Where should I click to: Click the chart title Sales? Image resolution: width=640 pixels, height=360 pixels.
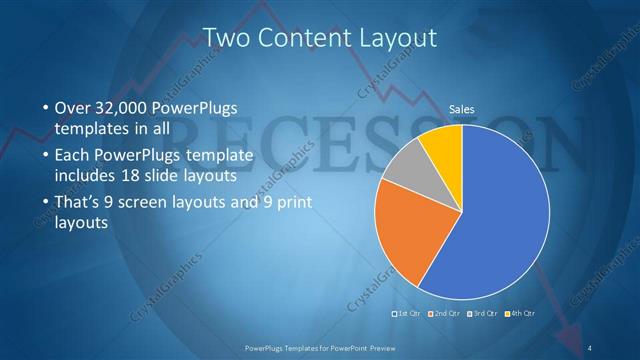(x=461, y=109)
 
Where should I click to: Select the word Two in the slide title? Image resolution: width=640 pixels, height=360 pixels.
(x=226, y=39)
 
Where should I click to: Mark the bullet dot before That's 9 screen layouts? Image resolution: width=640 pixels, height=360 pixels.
(x=46, y=204)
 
